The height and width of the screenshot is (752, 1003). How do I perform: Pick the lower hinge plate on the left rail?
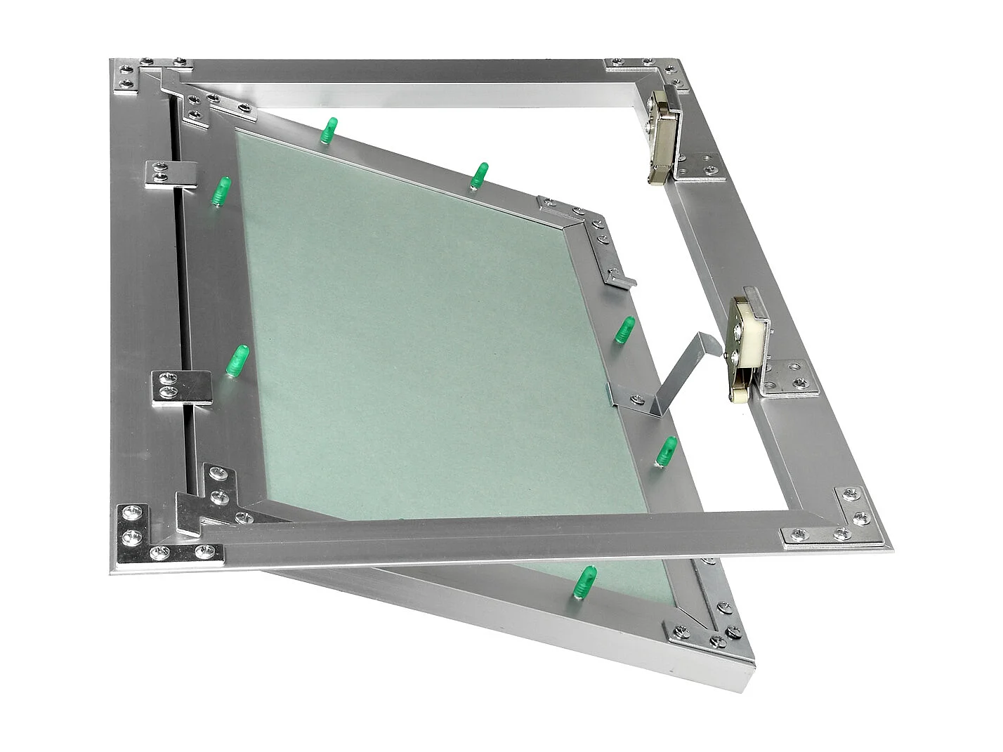pos(181,387)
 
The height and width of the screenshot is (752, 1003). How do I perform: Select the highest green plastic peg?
pos(328,131)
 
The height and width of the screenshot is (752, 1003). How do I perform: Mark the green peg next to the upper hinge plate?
pos(221,191)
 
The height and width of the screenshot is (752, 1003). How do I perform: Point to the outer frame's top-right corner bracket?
pos(653,68)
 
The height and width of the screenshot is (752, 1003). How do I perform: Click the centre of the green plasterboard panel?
pos(435,337)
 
